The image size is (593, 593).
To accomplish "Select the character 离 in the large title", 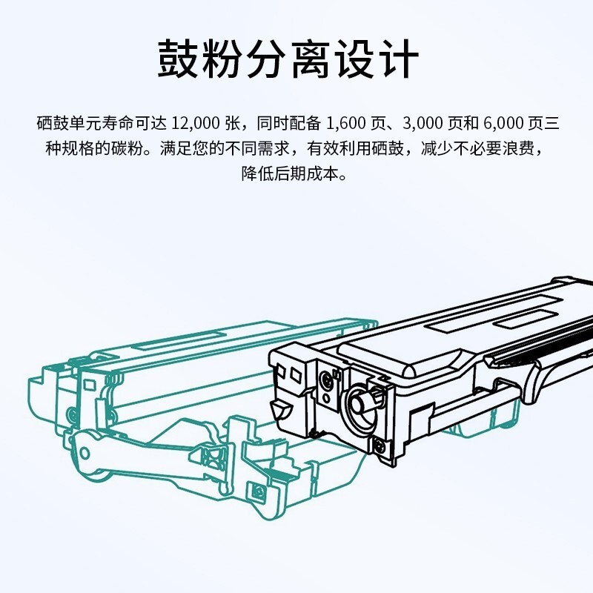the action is pos(310,59).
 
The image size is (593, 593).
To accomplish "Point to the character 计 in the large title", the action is pos(398,59).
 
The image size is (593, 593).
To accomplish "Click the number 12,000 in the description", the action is pos(196,123).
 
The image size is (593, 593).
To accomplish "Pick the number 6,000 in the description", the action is pos(503,123).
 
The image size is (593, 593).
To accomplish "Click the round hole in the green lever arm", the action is pos(85,453).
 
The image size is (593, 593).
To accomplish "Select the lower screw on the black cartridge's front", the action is pos(378,446).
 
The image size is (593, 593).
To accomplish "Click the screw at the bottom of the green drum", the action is pos(258,492).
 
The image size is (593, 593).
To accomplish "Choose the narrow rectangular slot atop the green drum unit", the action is pos(181,339).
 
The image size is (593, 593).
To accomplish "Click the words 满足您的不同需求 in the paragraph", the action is pos(225,148).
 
